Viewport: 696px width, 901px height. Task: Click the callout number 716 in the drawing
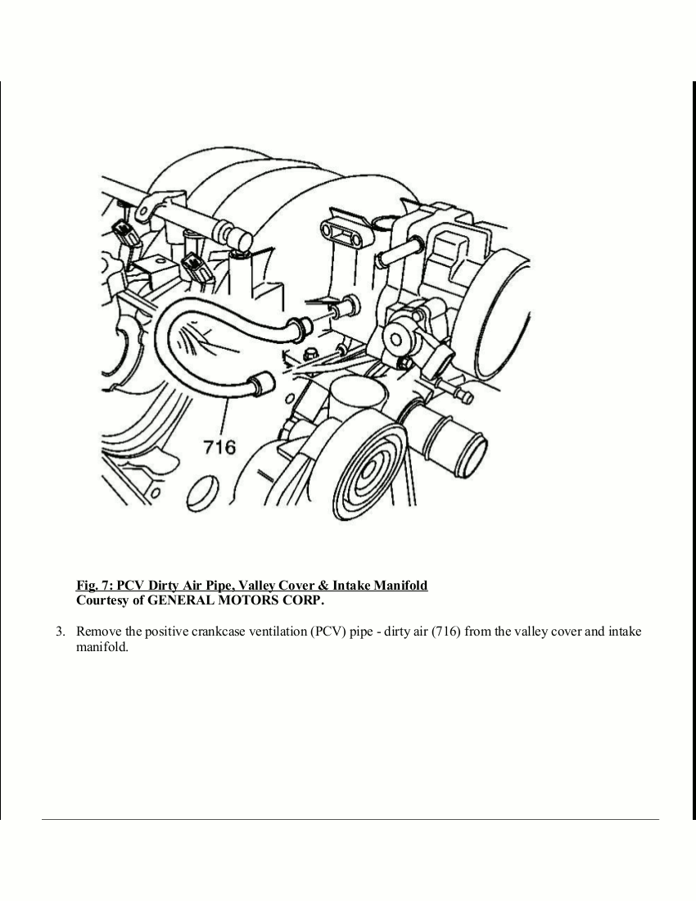point(219,446)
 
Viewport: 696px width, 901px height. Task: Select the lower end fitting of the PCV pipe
point(263,382)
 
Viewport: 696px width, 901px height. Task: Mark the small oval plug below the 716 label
point(200,495)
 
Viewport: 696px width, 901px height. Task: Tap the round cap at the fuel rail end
point(241,239)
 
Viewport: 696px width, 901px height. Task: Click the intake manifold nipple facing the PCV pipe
point(346,306)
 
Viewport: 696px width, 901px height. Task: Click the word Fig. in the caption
point(87,586)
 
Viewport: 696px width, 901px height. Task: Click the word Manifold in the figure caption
point(400,586)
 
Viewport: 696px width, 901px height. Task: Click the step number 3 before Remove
point(59,632)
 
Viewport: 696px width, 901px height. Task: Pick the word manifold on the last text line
point(102,646)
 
